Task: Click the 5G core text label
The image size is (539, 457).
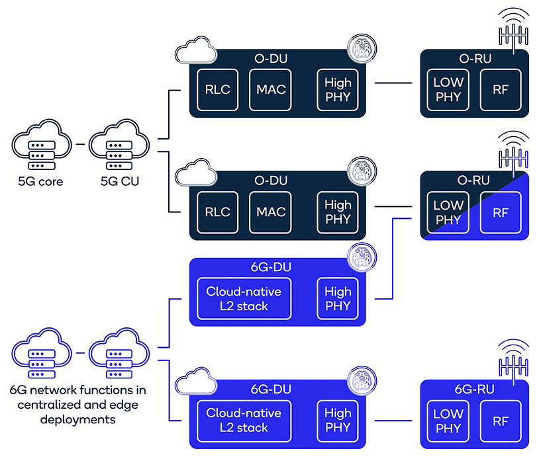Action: tap(41, 181)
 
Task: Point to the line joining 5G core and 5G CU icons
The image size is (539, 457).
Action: tap(79, 143)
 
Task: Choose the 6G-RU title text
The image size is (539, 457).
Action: tap(474, 390)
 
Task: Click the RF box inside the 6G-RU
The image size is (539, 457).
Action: tap(501, 421)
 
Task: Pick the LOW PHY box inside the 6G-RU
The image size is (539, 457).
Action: tap(448, 421)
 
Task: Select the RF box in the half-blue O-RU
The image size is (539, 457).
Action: tap(501, 212)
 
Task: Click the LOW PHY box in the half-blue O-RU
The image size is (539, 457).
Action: tap(448, 212)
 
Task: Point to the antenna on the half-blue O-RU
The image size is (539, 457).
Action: tap(514, 151)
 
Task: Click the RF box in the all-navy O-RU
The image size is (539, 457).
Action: tap(501, 89)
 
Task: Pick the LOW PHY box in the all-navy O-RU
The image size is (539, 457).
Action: tap(448, 89)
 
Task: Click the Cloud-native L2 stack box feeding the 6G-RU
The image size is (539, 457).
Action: tap(244, 421)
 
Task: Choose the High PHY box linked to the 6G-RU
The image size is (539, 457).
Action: tap(338, 421)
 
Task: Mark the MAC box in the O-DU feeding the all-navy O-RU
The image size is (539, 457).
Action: tap(271, 89)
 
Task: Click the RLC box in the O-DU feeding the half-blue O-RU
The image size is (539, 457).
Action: tap(218, 212)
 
